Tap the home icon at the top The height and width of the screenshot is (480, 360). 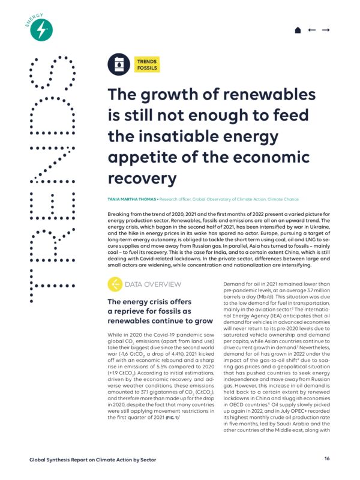point(297,29)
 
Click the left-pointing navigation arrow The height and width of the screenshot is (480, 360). point(311,29)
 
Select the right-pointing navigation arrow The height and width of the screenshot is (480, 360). point(326,29)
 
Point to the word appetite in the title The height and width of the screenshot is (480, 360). point(138,158)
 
